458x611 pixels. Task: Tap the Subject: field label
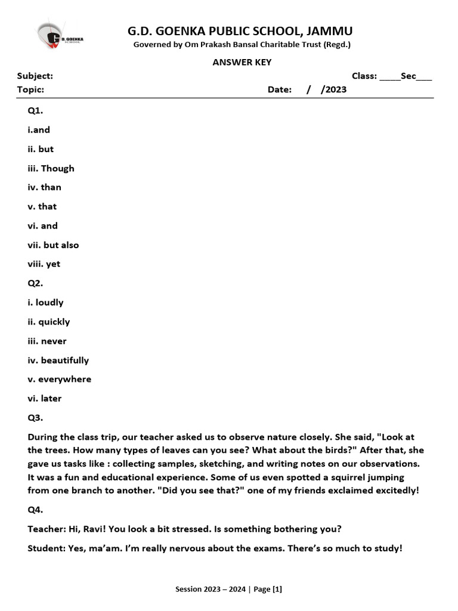pyautogui.click(x=35, y=76)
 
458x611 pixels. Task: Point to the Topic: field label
pyautogui.click(x=30, y=90)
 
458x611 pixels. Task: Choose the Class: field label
pyautogui.click(x=364, y=76)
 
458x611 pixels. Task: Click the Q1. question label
pyautogui.click(x=35, y=110)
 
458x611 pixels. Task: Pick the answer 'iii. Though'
pyautogui.click(x=51, y=168)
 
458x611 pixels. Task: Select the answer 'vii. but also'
pyautogui.click(x=53, y=245)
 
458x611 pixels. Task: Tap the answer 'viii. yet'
pyautogui.click(x=44, y=264)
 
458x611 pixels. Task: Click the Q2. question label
pyautogui.click(x=35, y=283)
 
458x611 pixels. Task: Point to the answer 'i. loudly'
pyautogui.click(x=45, y=303)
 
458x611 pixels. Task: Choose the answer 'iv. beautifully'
pyautogui.click(x=58, y=360)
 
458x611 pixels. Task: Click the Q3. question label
pyautogui.click(x=35, y=418)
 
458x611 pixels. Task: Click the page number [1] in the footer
pyautogui.click(x=277, y=590)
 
